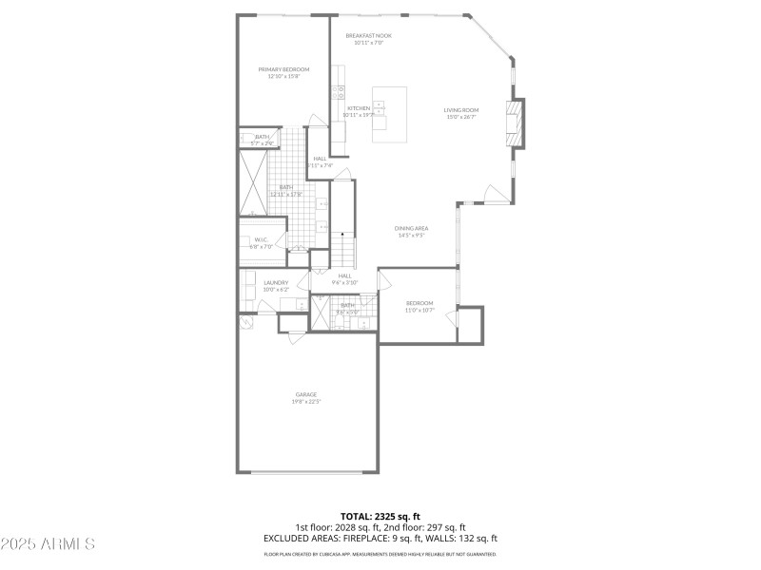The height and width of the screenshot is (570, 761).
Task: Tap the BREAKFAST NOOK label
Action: click(x=368, y=36)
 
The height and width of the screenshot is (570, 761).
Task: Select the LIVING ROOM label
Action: click(x=460, y=110)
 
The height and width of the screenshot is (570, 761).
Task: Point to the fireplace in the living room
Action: click(x=515, y=123)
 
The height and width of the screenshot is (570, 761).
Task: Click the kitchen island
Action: click(x=388, y=114)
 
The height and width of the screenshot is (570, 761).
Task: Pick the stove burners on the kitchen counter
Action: click(x=338, y=93)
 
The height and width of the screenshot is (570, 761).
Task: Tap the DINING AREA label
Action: click(x=411, y=228)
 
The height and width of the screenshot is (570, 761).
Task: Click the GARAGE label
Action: click(x=305, y=394)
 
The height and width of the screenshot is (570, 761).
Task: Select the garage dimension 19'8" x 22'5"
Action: click(x=305, y=402)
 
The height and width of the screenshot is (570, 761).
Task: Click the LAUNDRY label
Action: click(x=276, y=282)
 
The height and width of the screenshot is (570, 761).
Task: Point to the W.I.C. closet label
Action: click(x=262, y=239)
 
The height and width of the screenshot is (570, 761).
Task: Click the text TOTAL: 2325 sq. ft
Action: click(x=380, y=517)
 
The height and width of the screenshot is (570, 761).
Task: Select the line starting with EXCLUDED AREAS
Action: click(x=380, y=538)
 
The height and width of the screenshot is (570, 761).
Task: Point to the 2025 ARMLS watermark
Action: click(x=48, y=544)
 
